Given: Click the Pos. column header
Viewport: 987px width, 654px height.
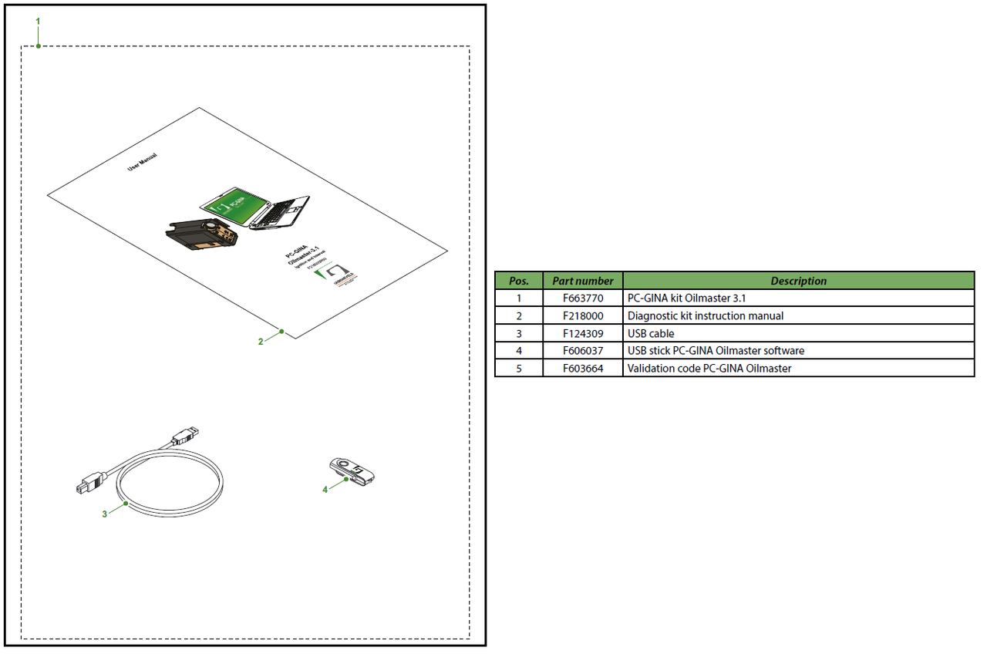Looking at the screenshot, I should tap(519, 281).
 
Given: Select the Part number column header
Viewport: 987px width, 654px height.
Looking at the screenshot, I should tap(583, 281).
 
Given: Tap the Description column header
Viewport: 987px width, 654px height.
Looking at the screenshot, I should tap(798, 281).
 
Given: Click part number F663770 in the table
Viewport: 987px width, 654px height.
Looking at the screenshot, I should tap(583, 298).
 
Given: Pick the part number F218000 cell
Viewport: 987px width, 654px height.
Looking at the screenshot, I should tap(583, 315).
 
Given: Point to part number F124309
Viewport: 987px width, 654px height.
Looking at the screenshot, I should tap(583, 333).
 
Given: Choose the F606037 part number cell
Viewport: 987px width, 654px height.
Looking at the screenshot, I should tap(583, 351).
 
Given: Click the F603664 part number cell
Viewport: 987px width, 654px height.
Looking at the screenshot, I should tap(583, 369).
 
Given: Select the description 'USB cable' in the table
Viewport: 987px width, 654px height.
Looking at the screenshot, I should tap(651, 333).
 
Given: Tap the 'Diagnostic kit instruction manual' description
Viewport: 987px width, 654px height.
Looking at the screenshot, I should tap(706, 315).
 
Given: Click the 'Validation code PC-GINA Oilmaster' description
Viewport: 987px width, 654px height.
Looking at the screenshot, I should tap(709, 369).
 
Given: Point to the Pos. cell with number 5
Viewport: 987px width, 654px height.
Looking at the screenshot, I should tap(519, 369).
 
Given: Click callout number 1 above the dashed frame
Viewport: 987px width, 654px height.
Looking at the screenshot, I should tap(38, 21).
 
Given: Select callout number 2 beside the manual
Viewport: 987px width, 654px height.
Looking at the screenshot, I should tap(261, 341).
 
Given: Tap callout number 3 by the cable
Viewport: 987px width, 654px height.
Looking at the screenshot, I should tap(104, 514).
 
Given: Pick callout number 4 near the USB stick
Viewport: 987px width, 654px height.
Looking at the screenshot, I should tap(325, 489).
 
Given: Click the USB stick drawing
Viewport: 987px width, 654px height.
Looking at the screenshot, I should tap(352, 470).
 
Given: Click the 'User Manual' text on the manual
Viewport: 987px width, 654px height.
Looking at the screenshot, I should tap(143, 161).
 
